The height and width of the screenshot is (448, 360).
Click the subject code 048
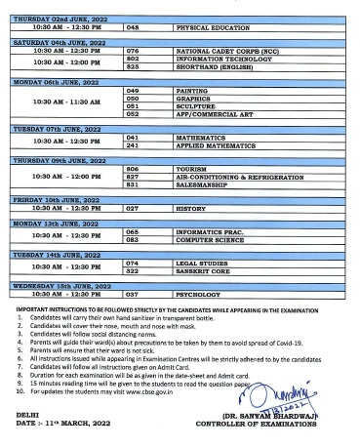pos(136,29)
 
